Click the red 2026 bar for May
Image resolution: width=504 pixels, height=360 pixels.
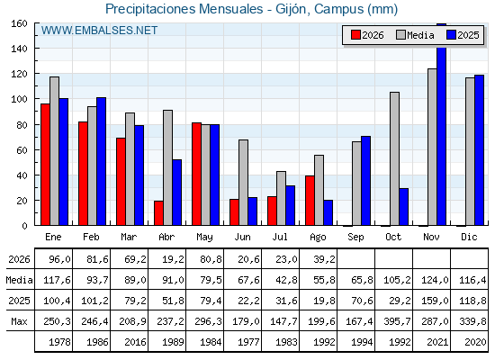196,174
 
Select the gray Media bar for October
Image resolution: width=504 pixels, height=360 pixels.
394,158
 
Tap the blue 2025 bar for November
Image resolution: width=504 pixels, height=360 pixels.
441,124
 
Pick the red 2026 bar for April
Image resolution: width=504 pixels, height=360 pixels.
158,213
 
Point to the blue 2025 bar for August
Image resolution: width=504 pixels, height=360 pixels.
328,212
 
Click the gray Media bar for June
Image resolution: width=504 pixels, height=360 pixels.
243,183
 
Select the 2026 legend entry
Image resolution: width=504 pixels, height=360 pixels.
367,35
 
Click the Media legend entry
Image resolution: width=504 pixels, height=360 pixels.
415,35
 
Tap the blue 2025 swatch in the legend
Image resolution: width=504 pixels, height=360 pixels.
451,35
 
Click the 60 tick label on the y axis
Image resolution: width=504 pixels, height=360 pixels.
22,149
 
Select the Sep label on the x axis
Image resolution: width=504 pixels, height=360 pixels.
355,238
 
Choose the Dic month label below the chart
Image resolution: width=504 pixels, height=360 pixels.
469,237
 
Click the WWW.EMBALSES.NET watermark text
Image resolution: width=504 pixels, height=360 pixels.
99,31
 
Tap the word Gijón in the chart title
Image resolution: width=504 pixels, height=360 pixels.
292,9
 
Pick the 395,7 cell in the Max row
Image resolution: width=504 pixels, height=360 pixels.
397,321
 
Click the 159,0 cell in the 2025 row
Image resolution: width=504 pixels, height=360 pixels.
435,301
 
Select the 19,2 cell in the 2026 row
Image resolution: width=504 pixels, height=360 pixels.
173,259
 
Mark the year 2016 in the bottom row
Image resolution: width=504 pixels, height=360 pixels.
135,342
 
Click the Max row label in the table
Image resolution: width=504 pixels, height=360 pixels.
19,321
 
